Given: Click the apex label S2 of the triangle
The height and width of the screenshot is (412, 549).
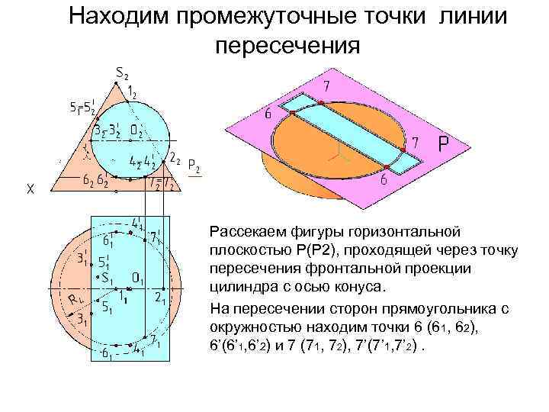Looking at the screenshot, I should tap(121, 72).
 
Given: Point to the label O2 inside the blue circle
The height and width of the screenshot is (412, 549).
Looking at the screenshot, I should tap(137, 131).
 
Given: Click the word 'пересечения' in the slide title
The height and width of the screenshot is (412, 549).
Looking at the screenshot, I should tap(287, 46).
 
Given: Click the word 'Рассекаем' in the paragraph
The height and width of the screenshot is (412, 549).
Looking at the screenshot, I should tap(246, 230).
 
